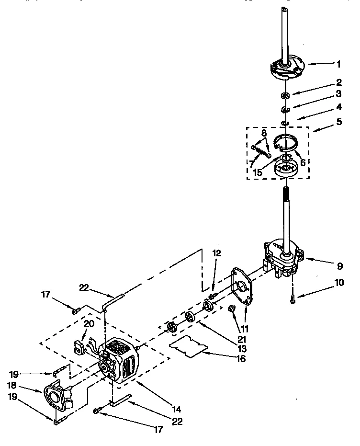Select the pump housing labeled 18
click(x=57, y=397)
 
